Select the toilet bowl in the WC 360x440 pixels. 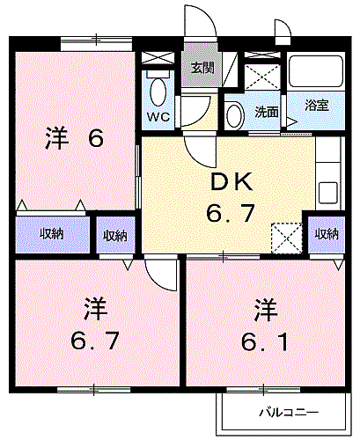pyautogui.click(x=158, y=91)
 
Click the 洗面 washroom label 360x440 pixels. pyautogui.click(x=267, y=112)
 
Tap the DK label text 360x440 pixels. pyautogui.click(x=231, y=181)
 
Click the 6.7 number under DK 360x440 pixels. pyautogui.click(x=231, y=213)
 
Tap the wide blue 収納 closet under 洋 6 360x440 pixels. pyautogui.click(x=52, y=234)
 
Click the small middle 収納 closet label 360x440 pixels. pyautogui.click(x=115, y=235)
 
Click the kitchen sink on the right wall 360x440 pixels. pyautogui.click(x=328, y=190)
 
